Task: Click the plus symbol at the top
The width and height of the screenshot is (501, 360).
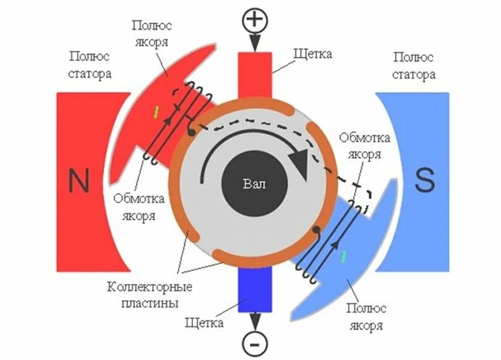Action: pyautogui.click(x=254, y=20)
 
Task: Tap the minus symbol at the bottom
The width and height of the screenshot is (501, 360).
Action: pyautogui.click(x=254, y=341)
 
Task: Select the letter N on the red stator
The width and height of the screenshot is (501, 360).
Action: pyautogui.click(x=79, y=182)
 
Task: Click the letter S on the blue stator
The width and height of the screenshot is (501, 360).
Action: pyautogui.click(x=425, y=181)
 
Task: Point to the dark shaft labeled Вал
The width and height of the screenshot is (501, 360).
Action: pyautogui.click(x=254, y=184)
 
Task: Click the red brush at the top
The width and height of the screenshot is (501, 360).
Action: pyautogui.click(x=254, y=73)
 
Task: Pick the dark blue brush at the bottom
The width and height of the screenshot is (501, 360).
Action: pyautogui.click(x=254, y=291)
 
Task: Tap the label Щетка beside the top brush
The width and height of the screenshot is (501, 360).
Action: pyautogui.click(x=314, y=54)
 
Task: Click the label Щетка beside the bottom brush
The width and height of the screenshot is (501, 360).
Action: pyautogui.click(x=203, y=322)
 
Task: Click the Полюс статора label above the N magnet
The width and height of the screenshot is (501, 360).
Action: pyautogui.click(x=90, y=66)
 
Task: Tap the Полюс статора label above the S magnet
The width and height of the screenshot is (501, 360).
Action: pyautogui.click(x=414, y=66)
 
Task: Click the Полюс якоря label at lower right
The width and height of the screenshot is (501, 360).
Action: pyautogui.click(x=366, y=317)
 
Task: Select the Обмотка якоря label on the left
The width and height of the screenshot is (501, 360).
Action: pyautogui.click(x=139, y=208)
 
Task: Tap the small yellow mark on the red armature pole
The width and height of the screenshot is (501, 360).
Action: pyautogui.click(x=156, y=111)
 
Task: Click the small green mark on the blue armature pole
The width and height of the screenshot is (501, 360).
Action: pyautogui.click(x=344, y=255)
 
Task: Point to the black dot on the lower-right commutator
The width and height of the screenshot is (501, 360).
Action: pyautogui.click(x=316, y=229)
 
